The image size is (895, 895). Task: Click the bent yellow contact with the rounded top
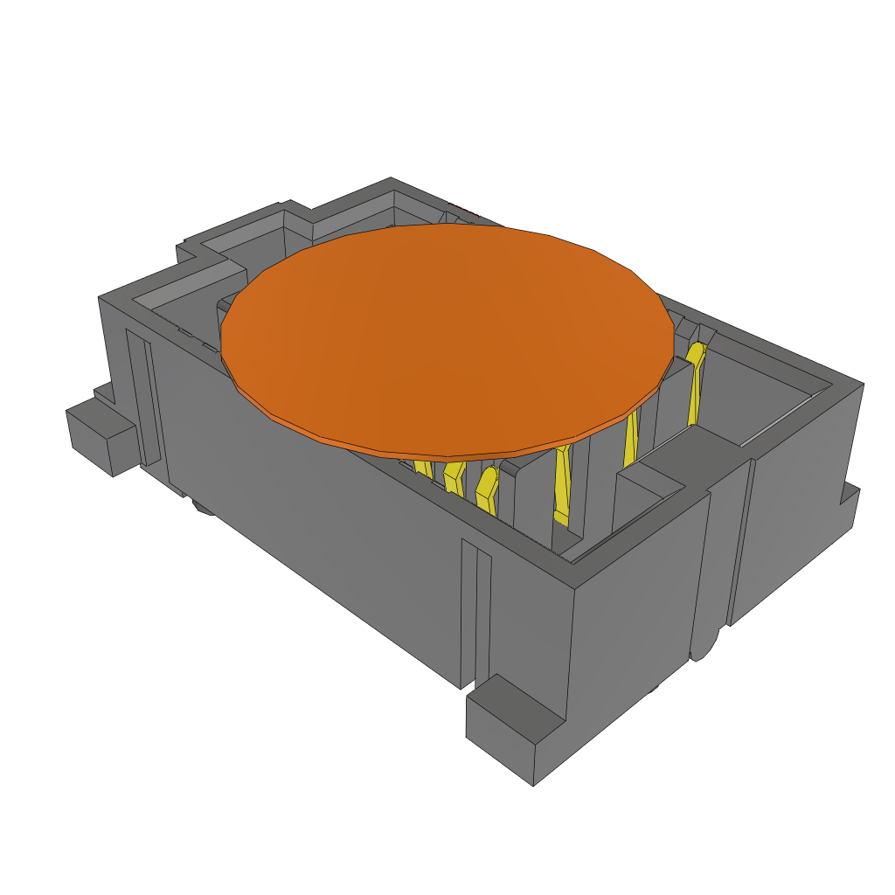point(487,489)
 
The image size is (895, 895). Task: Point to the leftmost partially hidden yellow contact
point(423,468)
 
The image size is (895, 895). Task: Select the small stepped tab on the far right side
point(849,507)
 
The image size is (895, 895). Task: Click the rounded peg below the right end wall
point(701,647)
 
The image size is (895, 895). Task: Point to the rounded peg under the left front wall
point(204,508)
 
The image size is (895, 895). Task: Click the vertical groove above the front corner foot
point(475,612)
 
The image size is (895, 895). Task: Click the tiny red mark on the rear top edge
point(463,210)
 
